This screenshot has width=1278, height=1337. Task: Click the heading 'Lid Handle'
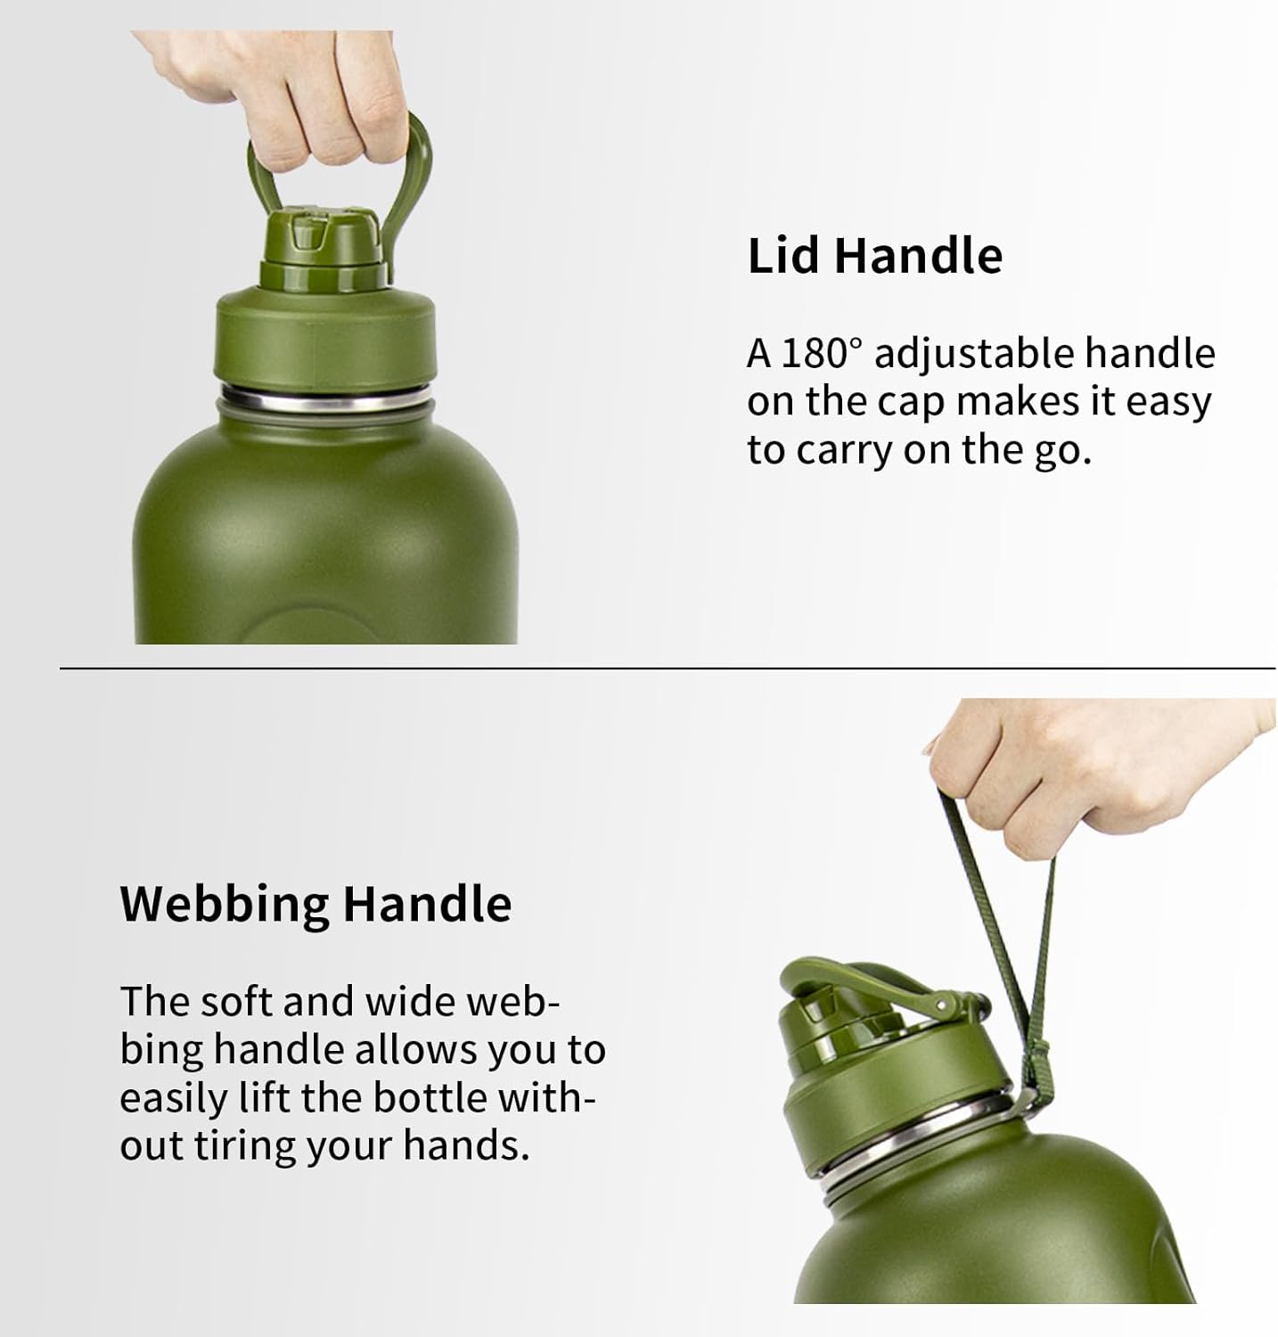pos(874,256)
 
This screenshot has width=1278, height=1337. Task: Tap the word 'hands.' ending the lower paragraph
pos(466,1144)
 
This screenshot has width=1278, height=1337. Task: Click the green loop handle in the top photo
pos(418,169)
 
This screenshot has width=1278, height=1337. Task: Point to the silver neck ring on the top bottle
pos(326,397)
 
